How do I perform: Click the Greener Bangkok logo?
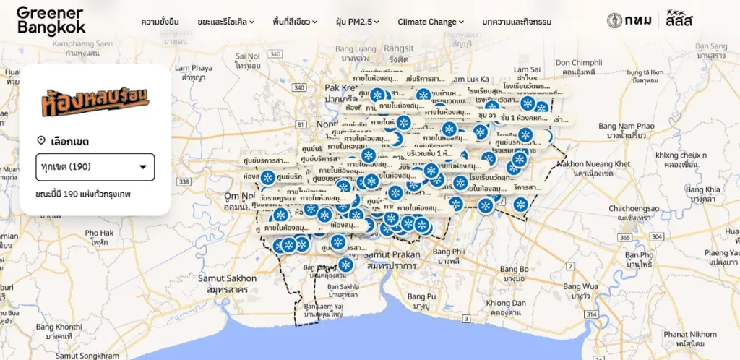[x=51, y=20]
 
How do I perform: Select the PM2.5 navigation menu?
[x=358, y=22]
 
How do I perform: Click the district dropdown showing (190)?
[x=95, y=167]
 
